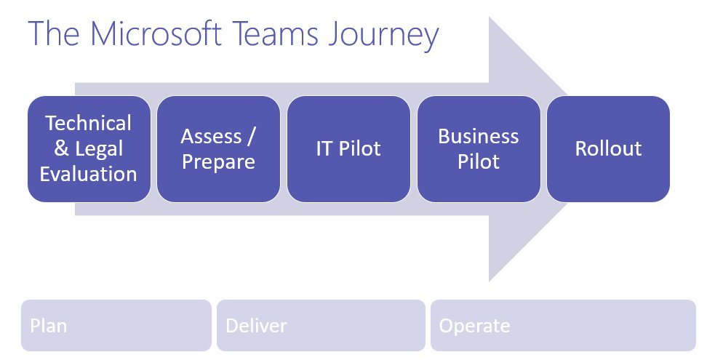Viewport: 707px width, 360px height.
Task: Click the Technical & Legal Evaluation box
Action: click(89, 148)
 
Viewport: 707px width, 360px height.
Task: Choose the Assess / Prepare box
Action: click(218, 148)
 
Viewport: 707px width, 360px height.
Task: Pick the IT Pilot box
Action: click(348, 148)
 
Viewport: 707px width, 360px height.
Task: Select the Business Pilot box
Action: click(479, 148)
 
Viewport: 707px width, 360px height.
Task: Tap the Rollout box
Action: click(608, 148)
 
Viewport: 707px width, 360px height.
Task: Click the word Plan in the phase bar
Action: click(49, 325)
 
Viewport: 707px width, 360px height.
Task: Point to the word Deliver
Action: click(256, 325)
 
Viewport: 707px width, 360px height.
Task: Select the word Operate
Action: click(474, 325)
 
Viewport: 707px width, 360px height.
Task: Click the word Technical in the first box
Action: click(89, 123)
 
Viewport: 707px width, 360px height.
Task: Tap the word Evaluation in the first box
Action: click(89, 174)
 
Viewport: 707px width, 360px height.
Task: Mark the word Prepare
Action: click(218, 161)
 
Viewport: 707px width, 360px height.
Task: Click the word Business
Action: click(479, 136)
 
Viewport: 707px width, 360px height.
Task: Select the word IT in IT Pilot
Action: click(324, 148)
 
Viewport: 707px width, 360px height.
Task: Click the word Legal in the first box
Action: click(99, 148)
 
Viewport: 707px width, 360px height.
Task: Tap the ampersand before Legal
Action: click(63, 148)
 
